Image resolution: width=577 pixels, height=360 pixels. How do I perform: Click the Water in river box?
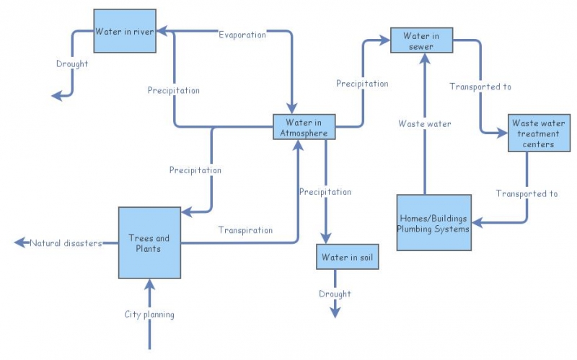125,31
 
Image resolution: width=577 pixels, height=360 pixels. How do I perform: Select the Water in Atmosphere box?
304,128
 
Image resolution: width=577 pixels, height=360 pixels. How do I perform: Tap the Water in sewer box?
421,40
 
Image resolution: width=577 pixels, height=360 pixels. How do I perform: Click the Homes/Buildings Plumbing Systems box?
433,222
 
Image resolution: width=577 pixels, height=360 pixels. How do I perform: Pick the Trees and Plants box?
149,243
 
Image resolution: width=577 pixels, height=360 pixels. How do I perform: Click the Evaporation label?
242,35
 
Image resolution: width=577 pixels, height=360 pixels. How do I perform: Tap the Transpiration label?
245,230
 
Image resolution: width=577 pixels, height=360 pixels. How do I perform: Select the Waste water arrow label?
425,124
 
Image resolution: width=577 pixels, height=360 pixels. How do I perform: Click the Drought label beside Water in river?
72,63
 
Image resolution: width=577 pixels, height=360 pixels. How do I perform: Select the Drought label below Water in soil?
335,294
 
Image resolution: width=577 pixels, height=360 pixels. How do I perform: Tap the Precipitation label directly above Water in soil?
325,192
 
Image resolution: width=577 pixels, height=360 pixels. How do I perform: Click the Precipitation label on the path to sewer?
362,84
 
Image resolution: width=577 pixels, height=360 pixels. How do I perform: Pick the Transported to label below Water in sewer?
480,87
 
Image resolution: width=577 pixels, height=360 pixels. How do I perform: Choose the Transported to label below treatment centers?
527,193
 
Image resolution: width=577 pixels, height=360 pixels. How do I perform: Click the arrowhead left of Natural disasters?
19,243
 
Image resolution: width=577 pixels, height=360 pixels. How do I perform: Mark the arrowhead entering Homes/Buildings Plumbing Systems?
477,223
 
